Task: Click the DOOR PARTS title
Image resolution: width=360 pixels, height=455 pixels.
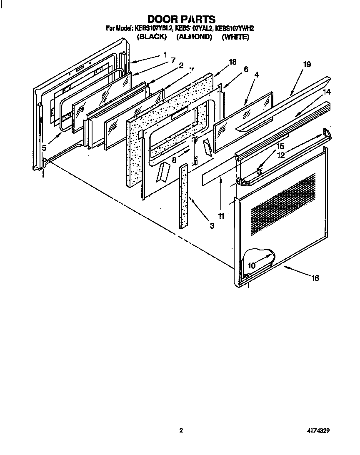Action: (181, 19)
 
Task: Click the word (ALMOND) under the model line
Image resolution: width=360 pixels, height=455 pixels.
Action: (194, 37)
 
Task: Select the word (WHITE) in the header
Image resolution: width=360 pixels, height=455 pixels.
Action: (235, 37)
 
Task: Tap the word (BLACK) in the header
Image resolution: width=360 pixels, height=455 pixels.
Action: (152, 37)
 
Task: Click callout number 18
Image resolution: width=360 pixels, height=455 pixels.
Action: (232, 62)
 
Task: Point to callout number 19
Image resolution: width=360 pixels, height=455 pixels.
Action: (307, 64)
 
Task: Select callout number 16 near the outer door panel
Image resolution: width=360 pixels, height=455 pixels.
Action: (315, 278)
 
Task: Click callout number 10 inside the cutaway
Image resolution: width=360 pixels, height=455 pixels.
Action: (252, 265)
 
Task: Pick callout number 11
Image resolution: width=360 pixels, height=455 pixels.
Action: (221, 216)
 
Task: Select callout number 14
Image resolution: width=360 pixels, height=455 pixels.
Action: (326, 91)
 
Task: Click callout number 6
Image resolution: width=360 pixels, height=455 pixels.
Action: (246, 70)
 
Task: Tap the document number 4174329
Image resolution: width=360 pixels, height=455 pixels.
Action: (318, 431)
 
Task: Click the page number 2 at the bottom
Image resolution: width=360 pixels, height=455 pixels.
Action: (181, 431)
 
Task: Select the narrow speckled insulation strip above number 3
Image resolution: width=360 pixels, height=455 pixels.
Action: (183, 196)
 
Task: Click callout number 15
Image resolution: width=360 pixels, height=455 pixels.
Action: (280, 147)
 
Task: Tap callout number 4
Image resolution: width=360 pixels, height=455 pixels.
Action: (256, 75)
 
